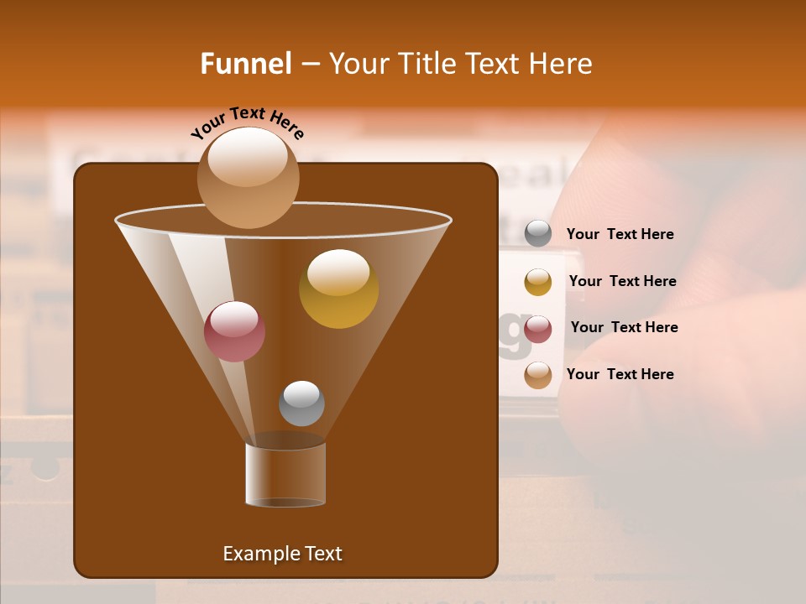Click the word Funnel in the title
click(x=245, y=64)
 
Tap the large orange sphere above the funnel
click(x=248, y=178)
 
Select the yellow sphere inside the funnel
click(x=338, y=289)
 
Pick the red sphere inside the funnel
click(x=234, y=332)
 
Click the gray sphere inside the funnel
click(x=301, y=404)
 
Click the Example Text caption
click(x=282, y=554)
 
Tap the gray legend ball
click(x=538, y=234)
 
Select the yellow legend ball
click(x=538, y=282)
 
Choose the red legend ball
click(x=538, y=329)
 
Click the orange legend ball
click(x=538, y=375)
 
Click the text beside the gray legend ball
click(x=620, y=235)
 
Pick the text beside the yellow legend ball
click(x=622, y=281)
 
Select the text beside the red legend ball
click(x=624, y=327)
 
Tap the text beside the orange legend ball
click(x=620, y=374)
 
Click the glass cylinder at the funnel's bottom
click(x=285, y=475)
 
